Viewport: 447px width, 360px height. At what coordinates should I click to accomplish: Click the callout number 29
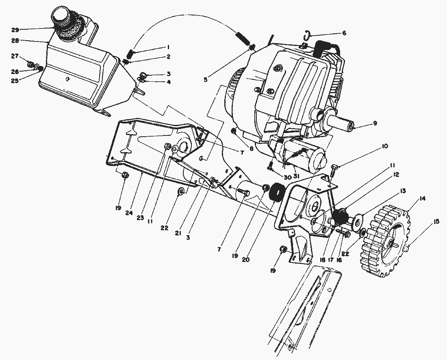tap(15, 30)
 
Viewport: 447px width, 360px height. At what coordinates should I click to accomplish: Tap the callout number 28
tap(15, 41)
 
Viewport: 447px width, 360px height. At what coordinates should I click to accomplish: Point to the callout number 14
tap(423, 199)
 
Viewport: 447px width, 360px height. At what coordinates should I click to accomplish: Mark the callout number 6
tap(344, 33)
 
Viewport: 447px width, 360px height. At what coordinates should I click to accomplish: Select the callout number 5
tap(205, 80)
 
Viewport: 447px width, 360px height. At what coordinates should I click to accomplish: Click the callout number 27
tap(15, 56)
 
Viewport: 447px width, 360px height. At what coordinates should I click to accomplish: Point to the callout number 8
tap(252, 149)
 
